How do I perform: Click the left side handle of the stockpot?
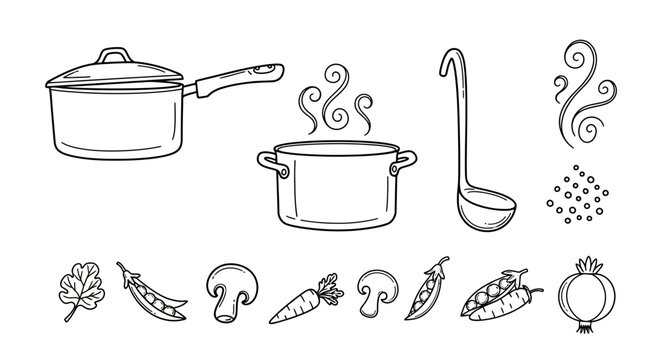pos(268,164)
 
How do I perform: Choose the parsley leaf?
pos(77,281)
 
